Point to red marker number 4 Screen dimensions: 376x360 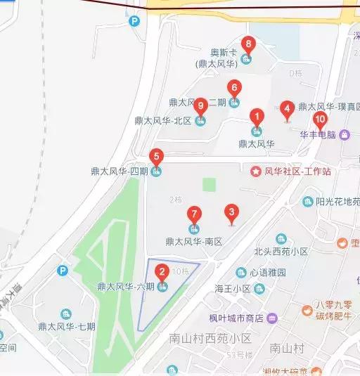(x=286, y=109)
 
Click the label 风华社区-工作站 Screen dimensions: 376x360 (x=299, y=171)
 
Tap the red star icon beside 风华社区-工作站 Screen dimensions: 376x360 (x=256, y=171)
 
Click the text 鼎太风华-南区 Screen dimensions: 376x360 (x=193, y=241)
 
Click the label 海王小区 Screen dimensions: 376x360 (x=233, y=288)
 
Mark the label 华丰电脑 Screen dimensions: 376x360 (x=319, y=134)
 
